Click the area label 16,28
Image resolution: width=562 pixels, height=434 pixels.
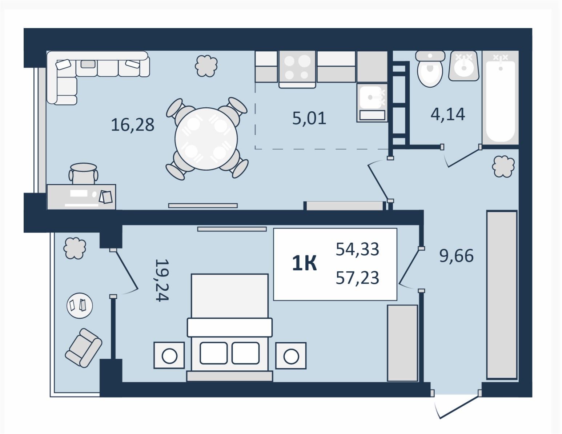click(132, 124)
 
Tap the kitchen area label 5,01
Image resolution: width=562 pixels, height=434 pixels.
click(309, 118)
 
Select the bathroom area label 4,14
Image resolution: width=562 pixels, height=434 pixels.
click(448, 114)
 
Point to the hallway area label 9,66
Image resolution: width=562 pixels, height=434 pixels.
click(457, 256)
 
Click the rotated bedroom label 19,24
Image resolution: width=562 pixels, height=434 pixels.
click(162, 280)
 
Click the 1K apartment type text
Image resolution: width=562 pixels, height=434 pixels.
click(304, 263)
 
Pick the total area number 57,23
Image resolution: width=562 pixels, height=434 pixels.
click(357, 278)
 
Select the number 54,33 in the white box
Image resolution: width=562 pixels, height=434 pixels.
click(357, 249)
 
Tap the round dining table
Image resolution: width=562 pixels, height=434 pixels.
click(206, 139)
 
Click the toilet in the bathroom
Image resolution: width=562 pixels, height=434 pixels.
click(430, 69)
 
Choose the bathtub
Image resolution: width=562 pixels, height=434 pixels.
click(501, 97)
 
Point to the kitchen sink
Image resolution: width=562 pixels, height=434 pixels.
click(372, 97)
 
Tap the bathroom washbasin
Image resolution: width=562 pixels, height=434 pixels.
click(464, 66)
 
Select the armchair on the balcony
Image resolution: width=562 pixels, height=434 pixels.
click(83, 347)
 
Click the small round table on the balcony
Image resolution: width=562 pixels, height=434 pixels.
click(80, 306)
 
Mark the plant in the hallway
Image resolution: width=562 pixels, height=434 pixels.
click(503, 167)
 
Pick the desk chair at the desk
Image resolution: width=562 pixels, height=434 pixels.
click(83, 174)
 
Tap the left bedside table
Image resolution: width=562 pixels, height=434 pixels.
click(169, 355)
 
